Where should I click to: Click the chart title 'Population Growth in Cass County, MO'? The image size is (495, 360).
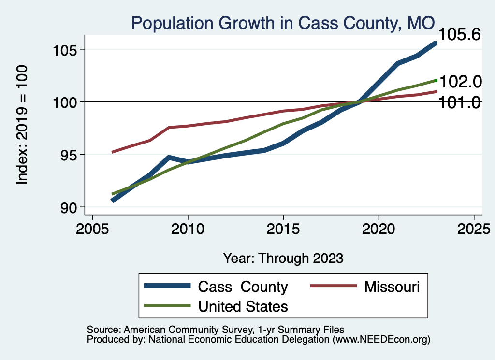coord(283,23)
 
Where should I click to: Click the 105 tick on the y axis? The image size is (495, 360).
coord(66,50)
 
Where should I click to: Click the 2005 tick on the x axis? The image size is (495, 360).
coord(92,228)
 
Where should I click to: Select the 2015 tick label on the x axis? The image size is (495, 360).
coord(283,228)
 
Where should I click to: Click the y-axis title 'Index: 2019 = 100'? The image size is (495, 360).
coord(22,125)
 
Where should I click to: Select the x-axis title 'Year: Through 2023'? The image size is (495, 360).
coord(283,258)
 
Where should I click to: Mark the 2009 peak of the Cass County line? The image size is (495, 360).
coord(169,158)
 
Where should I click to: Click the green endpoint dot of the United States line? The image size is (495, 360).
coord(436,80)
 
